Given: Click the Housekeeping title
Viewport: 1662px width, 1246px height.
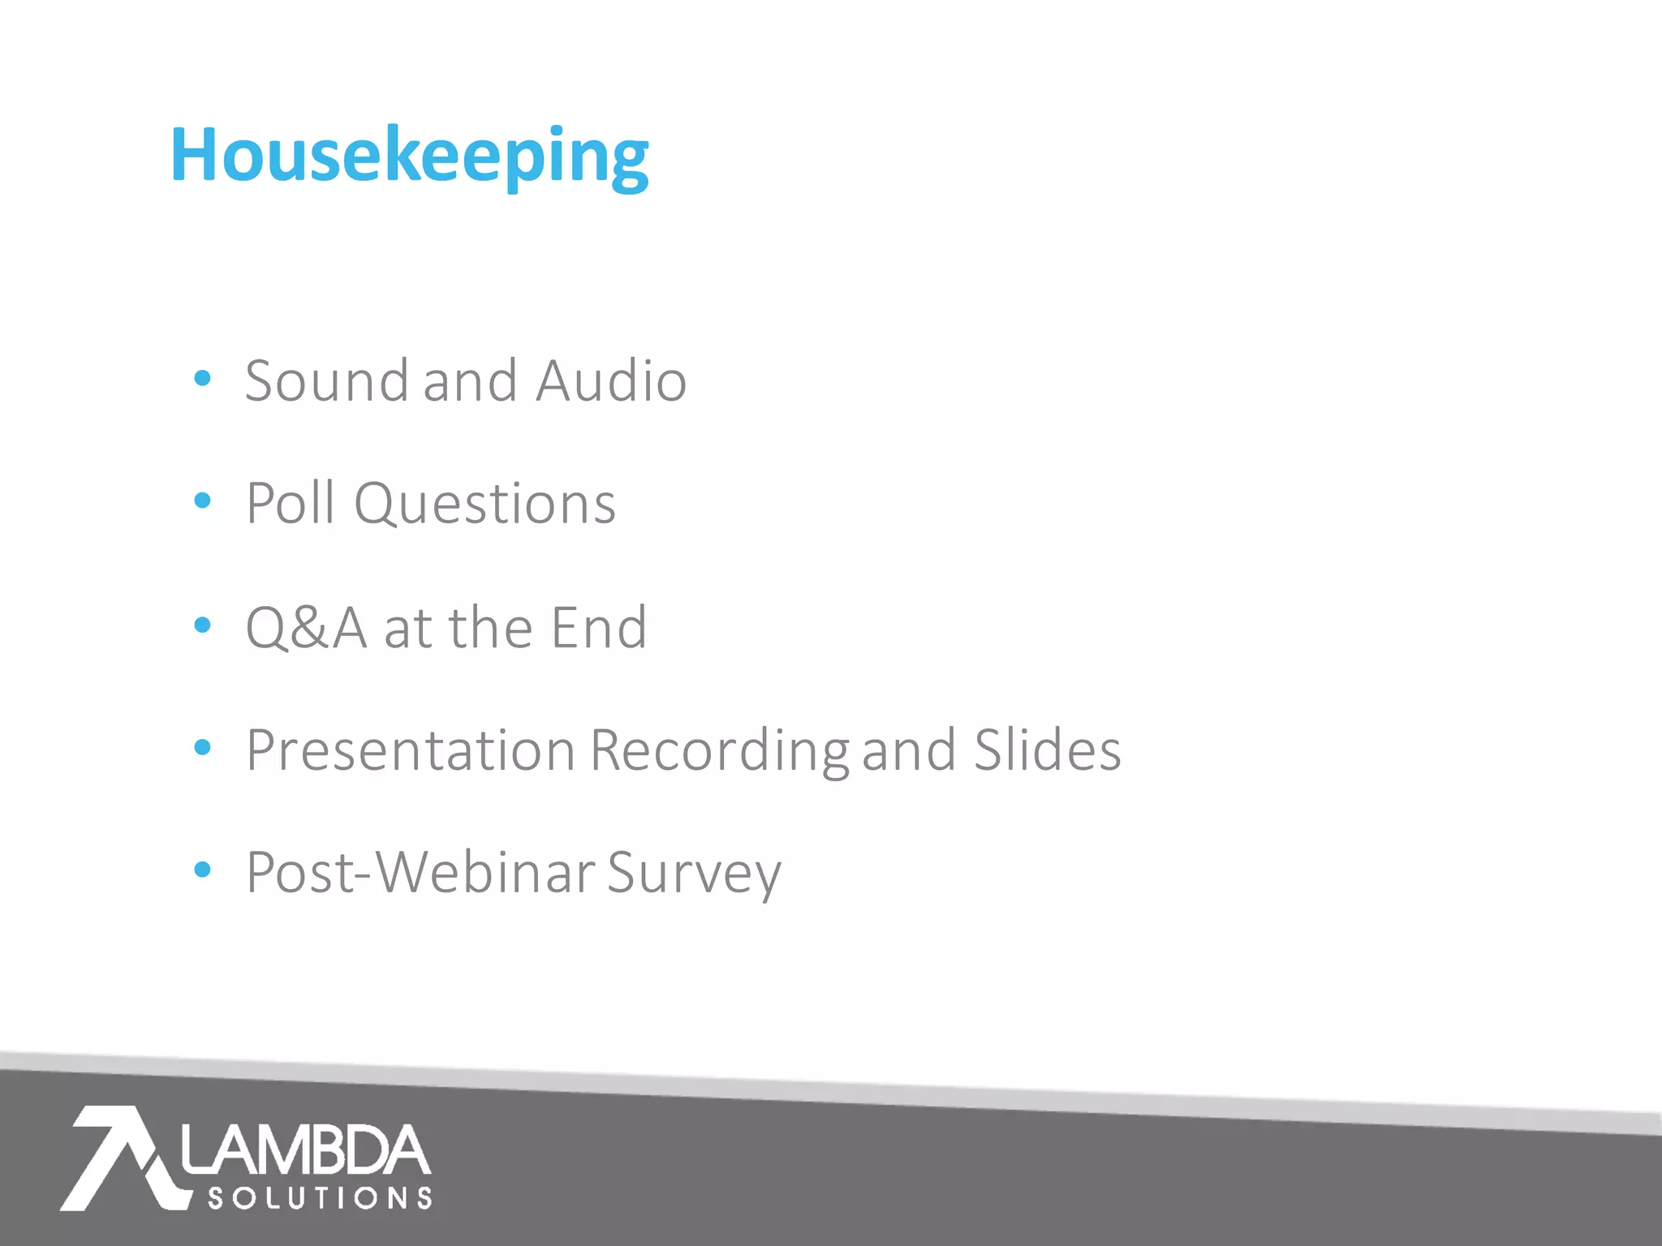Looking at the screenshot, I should click(x=409, y=156).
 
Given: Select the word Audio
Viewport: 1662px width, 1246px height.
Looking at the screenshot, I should click(x=611, y=380).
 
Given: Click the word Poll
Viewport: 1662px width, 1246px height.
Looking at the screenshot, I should click(x=291, y=504).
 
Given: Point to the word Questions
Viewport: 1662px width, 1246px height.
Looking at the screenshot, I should click(x=484, y=505).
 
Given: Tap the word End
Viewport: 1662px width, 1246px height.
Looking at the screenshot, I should click(x=599, y=628).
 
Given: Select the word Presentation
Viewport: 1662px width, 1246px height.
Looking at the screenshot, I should click(x=411, y=750).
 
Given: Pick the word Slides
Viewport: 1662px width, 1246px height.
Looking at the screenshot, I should click(x=1047, y=750).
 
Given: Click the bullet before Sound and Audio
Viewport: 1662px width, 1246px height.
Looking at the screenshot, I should click(x=203, y=378).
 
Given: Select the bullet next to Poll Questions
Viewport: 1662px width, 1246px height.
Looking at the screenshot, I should click(x=203, y=501).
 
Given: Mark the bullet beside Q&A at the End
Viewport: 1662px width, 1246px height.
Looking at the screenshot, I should click(x=203, y=625).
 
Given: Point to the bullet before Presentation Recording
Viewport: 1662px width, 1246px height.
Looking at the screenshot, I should click(x=203, y=747).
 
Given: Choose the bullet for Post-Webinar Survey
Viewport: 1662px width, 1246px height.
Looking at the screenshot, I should click(x=203, y=870).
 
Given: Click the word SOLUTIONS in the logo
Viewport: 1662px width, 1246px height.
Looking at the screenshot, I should click(x=320, y=1198).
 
